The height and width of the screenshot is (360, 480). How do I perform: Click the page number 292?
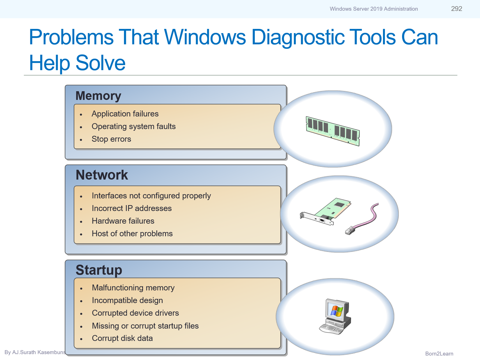click(456, 9)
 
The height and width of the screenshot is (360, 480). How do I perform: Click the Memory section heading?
click(98, 96)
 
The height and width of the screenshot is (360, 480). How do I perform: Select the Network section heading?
click(102, 175)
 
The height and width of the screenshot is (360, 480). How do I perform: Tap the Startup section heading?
click(99, 270)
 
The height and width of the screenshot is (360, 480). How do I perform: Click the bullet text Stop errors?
click(111, 139)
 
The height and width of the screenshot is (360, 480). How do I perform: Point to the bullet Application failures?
click(125, 114)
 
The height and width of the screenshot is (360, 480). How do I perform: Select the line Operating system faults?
click(133, 127)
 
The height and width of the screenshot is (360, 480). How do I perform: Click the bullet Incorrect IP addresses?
click(131, 208)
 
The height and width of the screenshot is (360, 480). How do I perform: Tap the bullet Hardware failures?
click(123, 221)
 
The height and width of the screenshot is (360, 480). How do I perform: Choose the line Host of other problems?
click(132, 234)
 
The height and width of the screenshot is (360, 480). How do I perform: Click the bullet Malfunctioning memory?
click(133, 288)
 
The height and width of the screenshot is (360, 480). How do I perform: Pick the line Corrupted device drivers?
click(135, 313)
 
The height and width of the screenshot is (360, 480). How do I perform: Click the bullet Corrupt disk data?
click(122, 338)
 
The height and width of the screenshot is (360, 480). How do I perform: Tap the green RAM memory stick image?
click(333, 131)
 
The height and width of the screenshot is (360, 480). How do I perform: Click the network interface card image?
click(327, 213)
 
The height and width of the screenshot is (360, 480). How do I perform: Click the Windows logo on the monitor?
click(336, 311)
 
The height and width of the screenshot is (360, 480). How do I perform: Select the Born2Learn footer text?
click(439, 354)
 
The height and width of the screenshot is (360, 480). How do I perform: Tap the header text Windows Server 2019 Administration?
click(373, 9)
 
